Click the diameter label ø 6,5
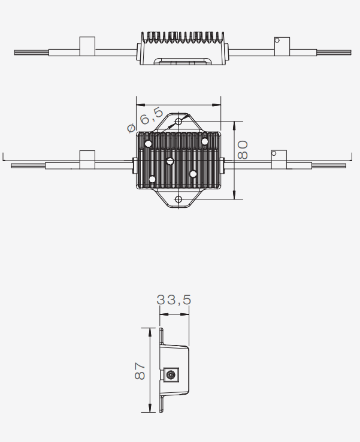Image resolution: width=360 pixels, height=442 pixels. point(145,120)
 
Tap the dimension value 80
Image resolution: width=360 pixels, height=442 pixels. point(243,150)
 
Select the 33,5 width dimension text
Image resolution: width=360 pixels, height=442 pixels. point(174,299)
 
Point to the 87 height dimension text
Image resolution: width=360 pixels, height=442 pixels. point(140,371)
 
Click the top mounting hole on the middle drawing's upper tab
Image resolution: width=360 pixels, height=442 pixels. point(179,122)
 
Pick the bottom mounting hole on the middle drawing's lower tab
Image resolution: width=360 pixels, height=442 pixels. point(179,199)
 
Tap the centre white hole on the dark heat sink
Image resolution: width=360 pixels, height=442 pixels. point(170,161)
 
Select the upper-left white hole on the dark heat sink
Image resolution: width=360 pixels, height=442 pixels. point(149,144)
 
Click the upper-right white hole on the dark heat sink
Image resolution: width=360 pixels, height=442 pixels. point(205,141)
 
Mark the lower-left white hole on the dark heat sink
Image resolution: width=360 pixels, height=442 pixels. point(152,179)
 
